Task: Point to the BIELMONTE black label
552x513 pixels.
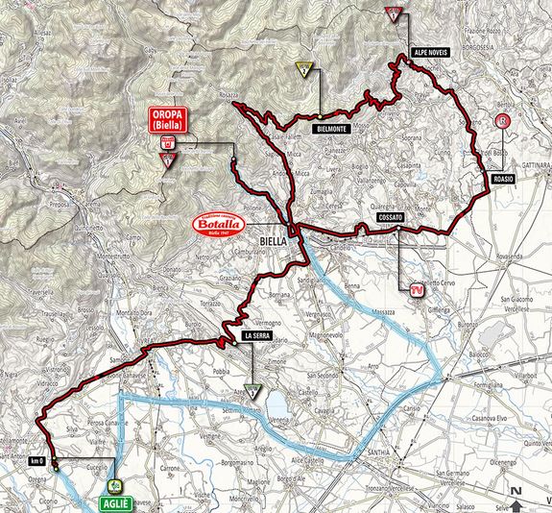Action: (x=328, y=127)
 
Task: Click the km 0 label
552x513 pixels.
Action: (x=37, y=460)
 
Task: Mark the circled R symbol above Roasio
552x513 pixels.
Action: (x=501, y=122)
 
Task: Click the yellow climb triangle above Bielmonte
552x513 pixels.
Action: (x=304, y=68)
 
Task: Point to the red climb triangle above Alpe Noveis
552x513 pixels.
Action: (x=392, y=13)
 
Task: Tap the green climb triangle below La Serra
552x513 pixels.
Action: (x=252, y=391)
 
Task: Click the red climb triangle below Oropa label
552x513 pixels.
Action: (x=169, y=159)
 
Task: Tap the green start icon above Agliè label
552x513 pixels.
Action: (x=114, y=486)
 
